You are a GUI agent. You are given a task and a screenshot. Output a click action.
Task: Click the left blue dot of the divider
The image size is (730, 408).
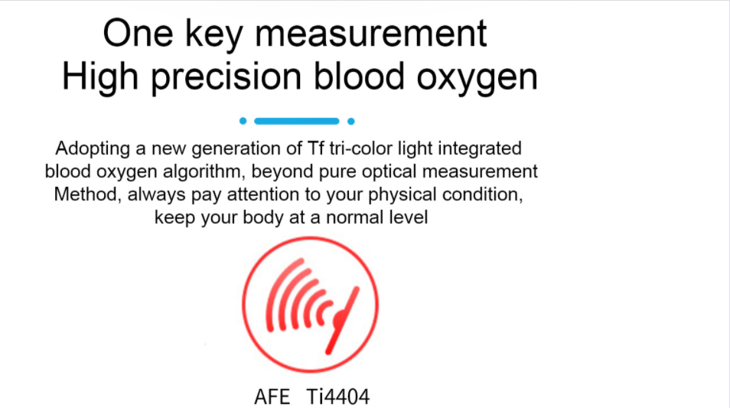tap(243, 121)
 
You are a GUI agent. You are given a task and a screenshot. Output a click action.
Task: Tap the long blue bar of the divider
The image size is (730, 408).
tap(296, 121)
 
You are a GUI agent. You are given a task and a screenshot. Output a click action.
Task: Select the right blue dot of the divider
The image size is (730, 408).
tap(350, 121)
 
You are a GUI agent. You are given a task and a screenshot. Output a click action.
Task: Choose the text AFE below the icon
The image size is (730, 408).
tap(272, 397)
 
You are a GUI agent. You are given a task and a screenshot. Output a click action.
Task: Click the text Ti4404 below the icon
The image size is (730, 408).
tap(337, 397)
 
